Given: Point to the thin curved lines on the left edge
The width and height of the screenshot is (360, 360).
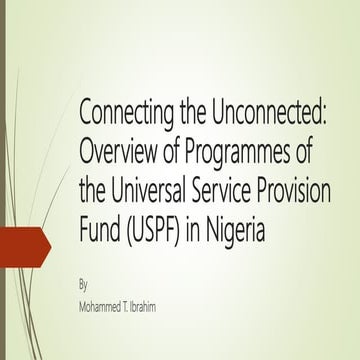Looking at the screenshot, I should [x=10, y=150].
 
